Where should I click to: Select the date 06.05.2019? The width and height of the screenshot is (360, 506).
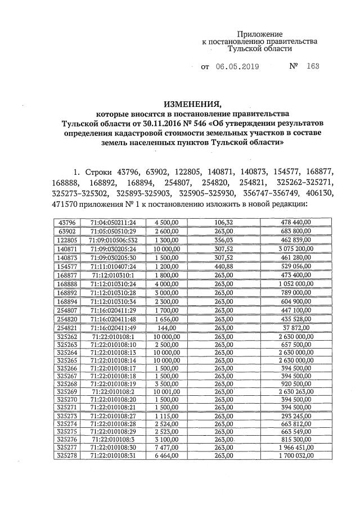click(x=237, y=66)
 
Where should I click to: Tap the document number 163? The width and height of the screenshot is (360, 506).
click(x=313, y=66)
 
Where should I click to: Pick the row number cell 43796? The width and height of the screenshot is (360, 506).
click(x=67, y=223)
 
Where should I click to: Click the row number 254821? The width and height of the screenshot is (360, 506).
click(x=67, y=328)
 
